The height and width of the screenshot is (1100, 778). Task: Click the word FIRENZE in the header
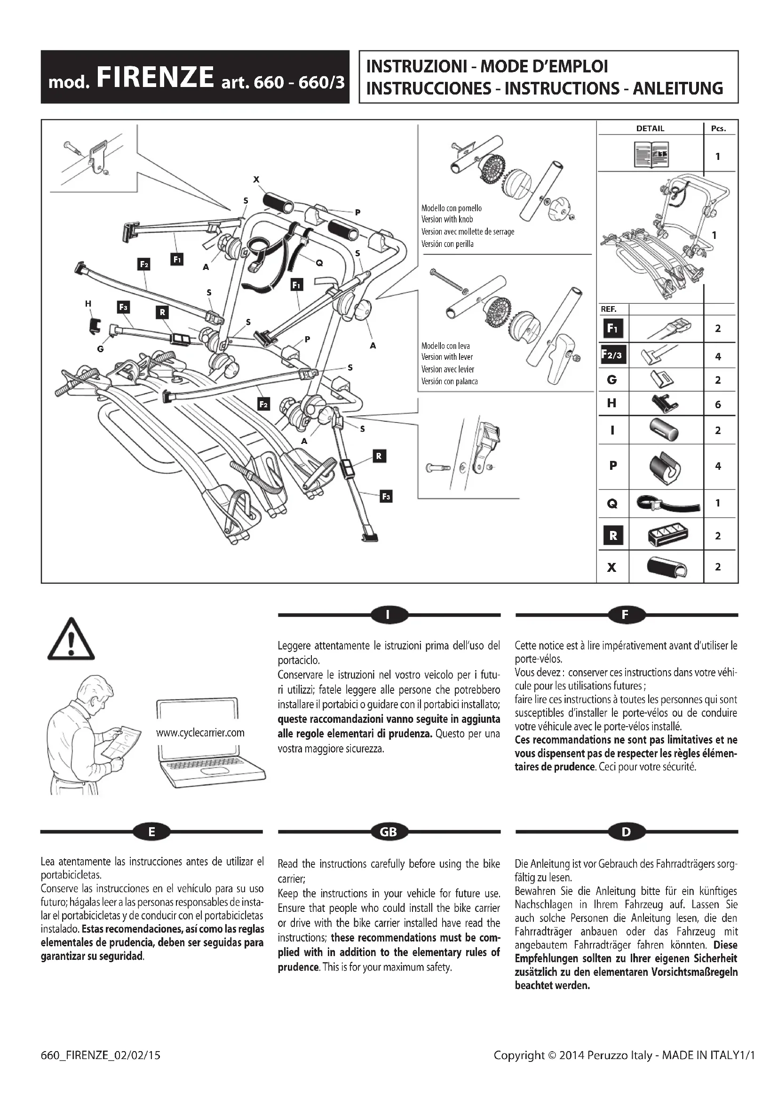(x=155, y=78)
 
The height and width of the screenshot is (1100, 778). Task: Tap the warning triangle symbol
(x=71, y=640)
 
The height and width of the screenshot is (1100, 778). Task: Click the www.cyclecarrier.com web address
(x=200, y=733)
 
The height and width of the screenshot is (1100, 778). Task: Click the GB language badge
(x=389, y=832)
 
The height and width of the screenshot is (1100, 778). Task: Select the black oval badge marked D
(x=626, y=832)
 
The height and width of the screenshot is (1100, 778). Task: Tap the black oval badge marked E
(x=151, y=832)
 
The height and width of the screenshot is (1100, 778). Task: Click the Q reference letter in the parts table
(x=612, y=504)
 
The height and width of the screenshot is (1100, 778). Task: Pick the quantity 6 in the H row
(x=718, y=404)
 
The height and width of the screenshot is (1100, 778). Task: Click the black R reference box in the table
(x=613, y=536)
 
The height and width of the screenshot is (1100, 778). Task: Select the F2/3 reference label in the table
(x=613, y=355)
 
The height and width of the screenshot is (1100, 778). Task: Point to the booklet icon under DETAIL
(x=651, y=154)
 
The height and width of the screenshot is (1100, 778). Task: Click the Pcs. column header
(x=718, y=128)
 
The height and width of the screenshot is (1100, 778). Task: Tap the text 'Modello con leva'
(x=445, y=346)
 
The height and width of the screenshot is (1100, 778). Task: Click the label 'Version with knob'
(x=447, y=220)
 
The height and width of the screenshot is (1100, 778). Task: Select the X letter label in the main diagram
(x=256, y=180)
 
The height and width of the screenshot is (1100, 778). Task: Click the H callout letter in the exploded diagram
(x=88, y=303)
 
